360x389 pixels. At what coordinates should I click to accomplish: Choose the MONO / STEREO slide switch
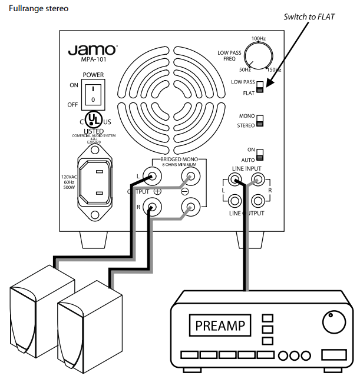(260, 121)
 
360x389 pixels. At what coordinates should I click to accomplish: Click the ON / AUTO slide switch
(260, 155)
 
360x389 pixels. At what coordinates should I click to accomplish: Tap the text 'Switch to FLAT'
(308, 16)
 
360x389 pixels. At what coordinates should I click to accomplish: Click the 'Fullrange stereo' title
(34, 9)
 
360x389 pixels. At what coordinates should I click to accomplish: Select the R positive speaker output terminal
(154, 207)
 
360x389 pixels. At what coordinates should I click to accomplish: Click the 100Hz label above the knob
(257, 39)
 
